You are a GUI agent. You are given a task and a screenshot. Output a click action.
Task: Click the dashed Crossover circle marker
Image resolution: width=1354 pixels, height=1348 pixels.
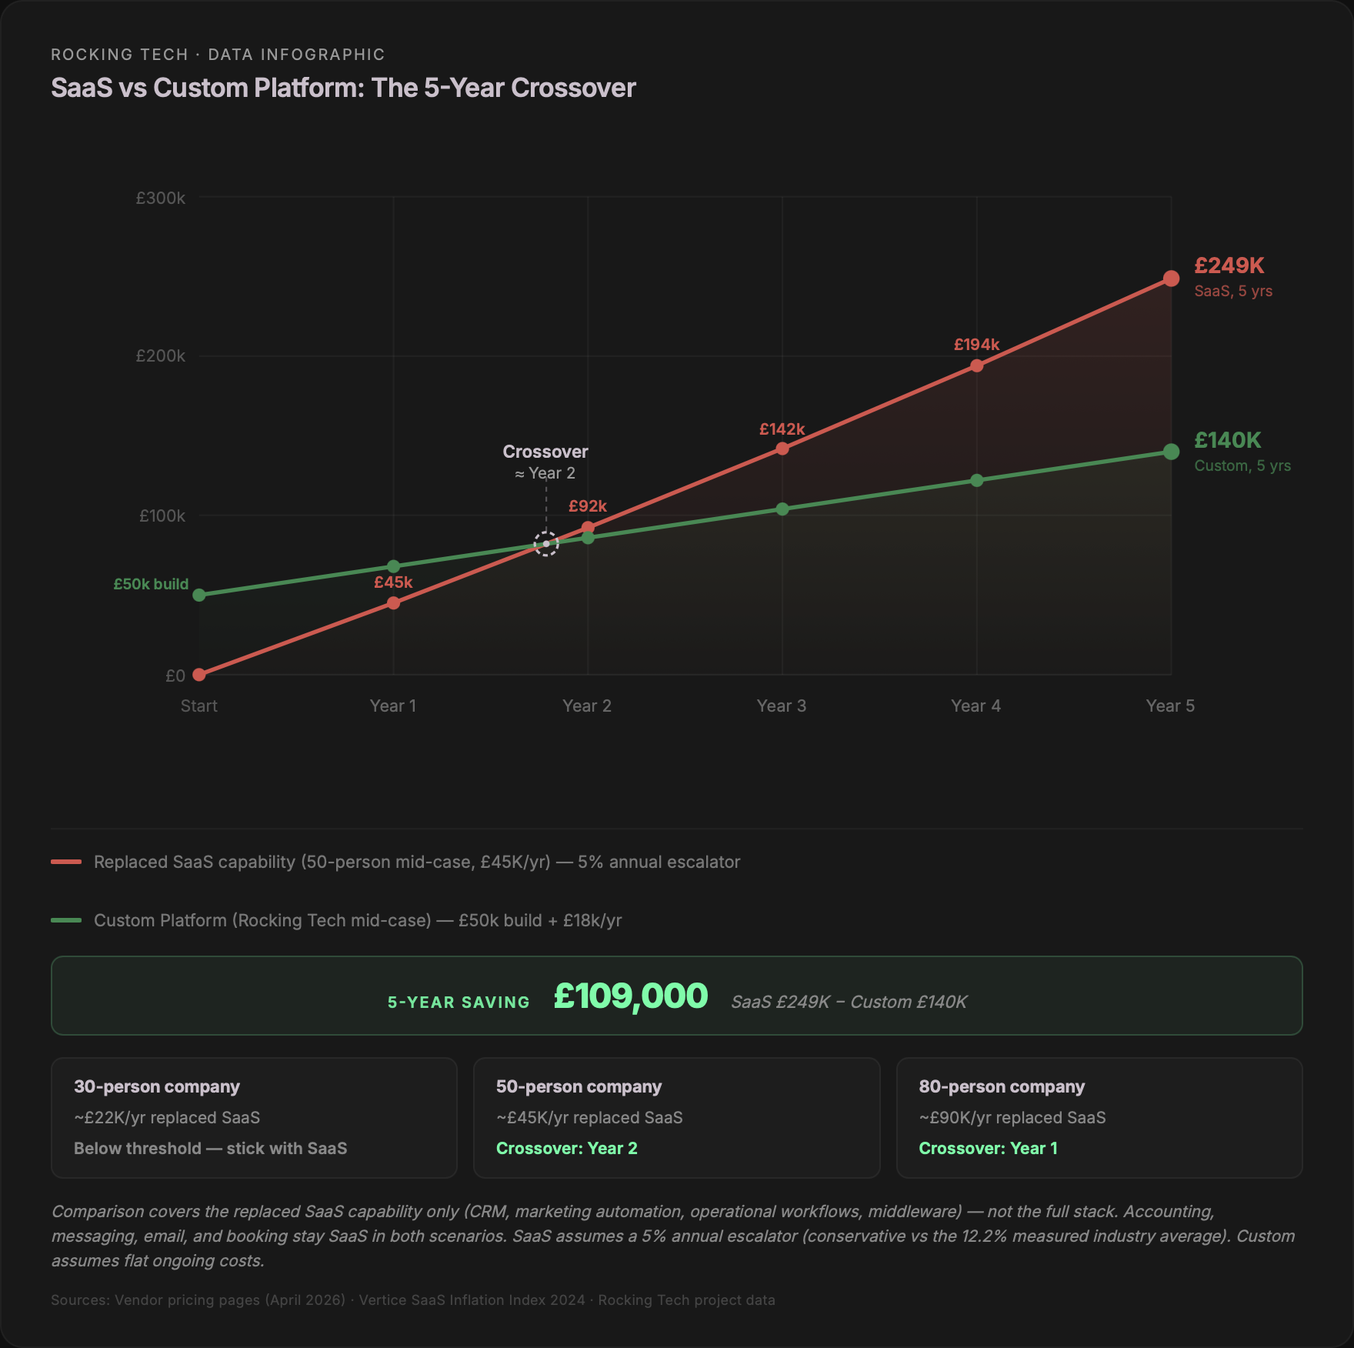click(x=546, y=544)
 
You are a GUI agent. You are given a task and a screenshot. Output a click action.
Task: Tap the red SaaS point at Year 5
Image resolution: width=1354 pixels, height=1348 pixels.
click(x=1171, y=279)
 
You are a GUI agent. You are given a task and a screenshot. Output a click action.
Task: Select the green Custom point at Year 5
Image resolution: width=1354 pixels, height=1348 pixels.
click(x=1171, y=452)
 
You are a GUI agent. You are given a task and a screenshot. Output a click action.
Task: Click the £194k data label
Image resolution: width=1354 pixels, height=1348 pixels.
click(x=976, y=345)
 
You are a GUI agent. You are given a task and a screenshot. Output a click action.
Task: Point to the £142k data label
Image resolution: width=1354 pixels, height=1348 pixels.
click(x=782, y=429)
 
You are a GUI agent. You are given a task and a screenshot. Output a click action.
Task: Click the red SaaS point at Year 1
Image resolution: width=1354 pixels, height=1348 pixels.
click(x=393, y=603)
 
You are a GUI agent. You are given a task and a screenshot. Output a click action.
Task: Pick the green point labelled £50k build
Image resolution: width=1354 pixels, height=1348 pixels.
click(x=199, y=595)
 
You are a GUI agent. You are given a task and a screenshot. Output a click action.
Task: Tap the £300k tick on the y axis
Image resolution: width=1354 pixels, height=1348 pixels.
click(x=160, y=199)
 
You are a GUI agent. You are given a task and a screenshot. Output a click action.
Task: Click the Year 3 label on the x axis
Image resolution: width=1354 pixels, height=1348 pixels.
click(x=781, y=706)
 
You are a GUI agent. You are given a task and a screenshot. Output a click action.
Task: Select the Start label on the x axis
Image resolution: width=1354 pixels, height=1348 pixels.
click(x=198, y=706)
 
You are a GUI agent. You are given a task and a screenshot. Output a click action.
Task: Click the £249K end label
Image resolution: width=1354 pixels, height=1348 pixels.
click(x=1229, y=266)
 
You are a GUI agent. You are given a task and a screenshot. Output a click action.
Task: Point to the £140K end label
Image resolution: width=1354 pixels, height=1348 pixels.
click(x=1227, y=440)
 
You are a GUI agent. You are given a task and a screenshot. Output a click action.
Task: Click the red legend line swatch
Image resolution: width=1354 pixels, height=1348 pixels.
click(x=66, y=862)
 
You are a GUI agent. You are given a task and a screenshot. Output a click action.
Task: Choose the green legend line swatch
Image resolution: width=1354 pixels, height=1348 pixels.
click(x=66, y=920)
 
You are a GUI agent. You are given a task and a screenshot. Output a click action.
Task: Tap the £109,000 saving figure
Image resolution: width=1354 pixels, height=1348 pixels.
click(x=630, y=996)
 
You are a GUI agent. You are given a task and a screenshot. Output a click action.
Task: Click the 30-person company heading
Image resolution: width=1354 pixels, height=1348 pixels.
click(x=157, y=1086)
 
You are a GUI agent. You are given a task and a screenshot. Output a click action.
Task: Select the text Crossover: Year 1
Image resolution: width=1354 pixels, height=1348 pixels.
click(x=988, y=1148)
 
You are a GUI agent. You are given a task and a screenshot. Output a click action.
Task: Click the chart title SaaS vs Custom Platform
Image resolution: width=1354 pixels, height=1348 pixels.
click(x=343, y=88)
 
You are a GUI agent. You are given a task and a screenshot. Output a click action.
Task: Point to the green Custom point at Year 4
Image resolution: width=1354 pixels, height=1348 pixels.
click(x=976, y=481)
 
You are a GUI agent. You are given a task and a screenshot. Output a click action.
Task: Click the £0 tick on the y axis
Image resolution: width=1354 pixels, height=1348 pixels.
click(x=175, y=676)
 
